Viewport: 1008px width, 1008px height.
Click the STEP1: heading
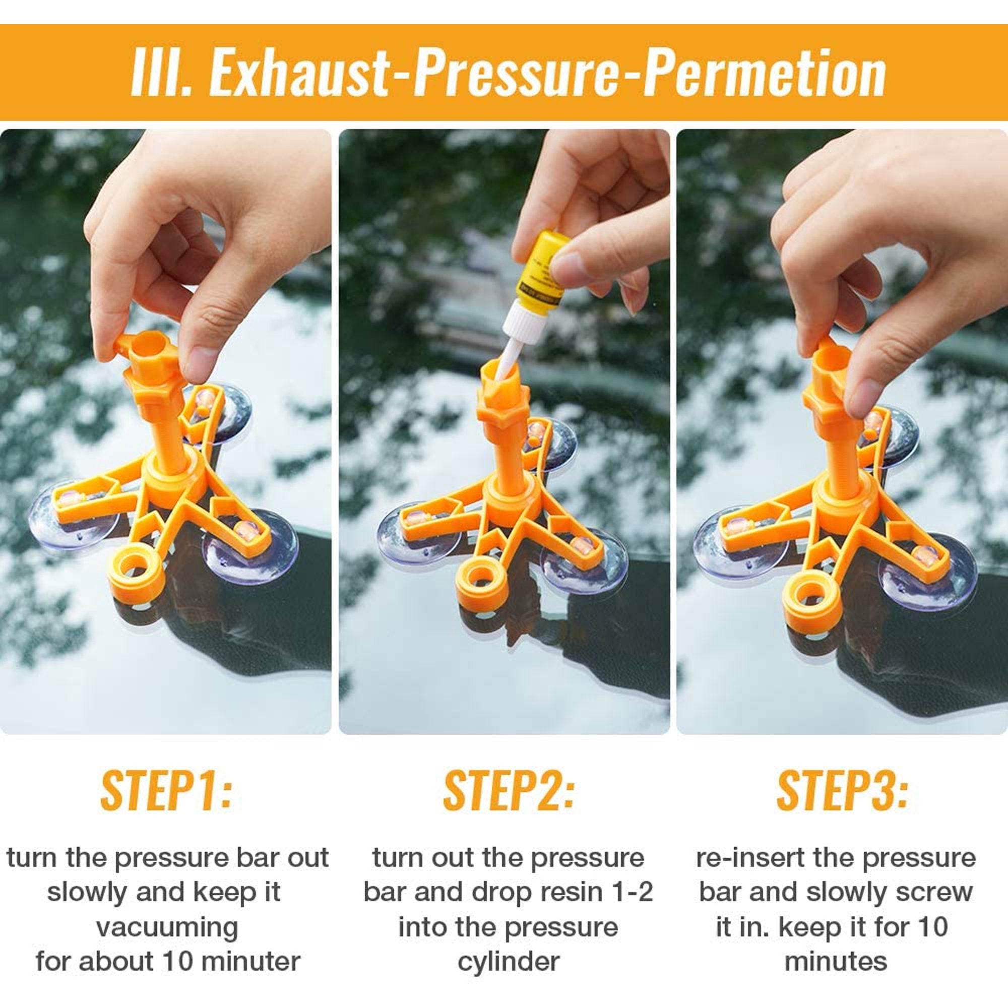pyautogui.click(x=165, y=790)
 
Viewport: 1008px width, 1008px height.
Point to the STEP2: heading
pyautogui.click(x=508, y=790)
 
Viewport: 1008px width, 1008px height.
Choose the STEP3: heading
pyautogui.click(x=842, y=790)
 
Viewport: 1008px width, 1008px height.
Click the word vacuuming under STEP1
pyautogui.click(x=167, y=928)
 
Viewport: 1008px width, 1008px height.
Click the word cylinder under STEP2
pyautogui.click(x=509, y=962)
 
